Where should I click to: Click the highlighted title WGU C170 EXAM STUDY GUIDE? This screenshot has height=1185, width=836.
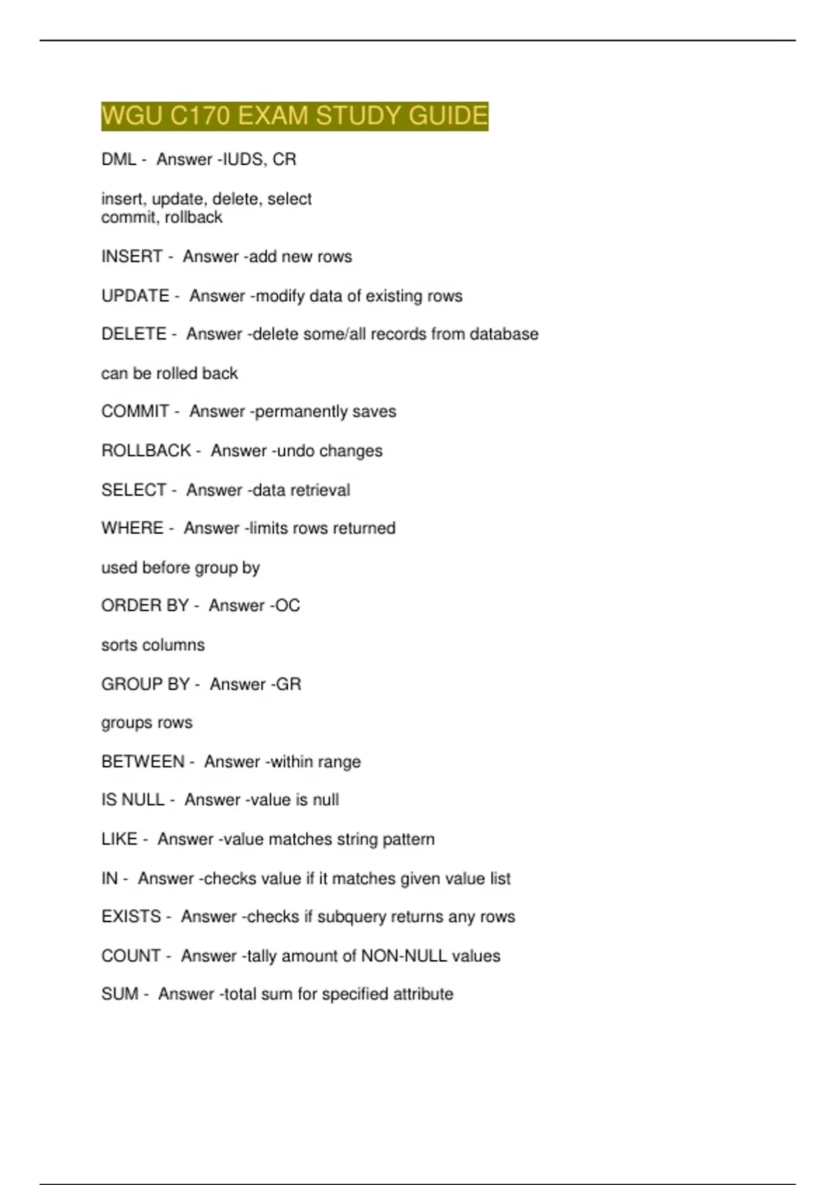click(294, 116)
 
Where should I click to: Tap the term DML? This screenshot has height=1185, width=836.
click(118, 160)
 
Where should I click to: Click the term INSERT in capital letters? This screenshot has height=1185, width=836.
click(132, 257)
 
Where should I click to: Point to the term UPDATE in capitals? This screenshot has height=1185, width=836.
click(135, 296)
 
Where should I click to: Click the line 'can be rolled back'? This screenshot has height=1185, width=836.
click(169, 374)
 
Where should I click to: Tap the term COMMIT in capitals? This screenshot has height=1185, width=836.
click(135, 411)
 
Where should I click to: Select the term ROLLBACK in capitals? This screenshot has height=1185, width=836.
click(146, 451)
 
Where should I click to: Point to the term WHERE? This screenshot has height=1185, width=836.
click(132, 528)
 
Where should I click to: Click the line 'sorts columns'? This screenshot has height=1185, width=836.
click(153, 645)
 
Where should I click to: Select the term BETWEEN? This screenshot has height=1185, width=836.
click(143, 762)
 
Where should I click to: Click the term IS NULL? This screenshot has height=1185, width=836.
click(132, 800)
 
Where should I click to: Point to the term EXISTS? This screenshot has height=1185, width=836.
click(131, 917)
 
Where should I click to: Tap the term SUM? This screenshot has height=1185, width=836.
click(120, 994)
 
